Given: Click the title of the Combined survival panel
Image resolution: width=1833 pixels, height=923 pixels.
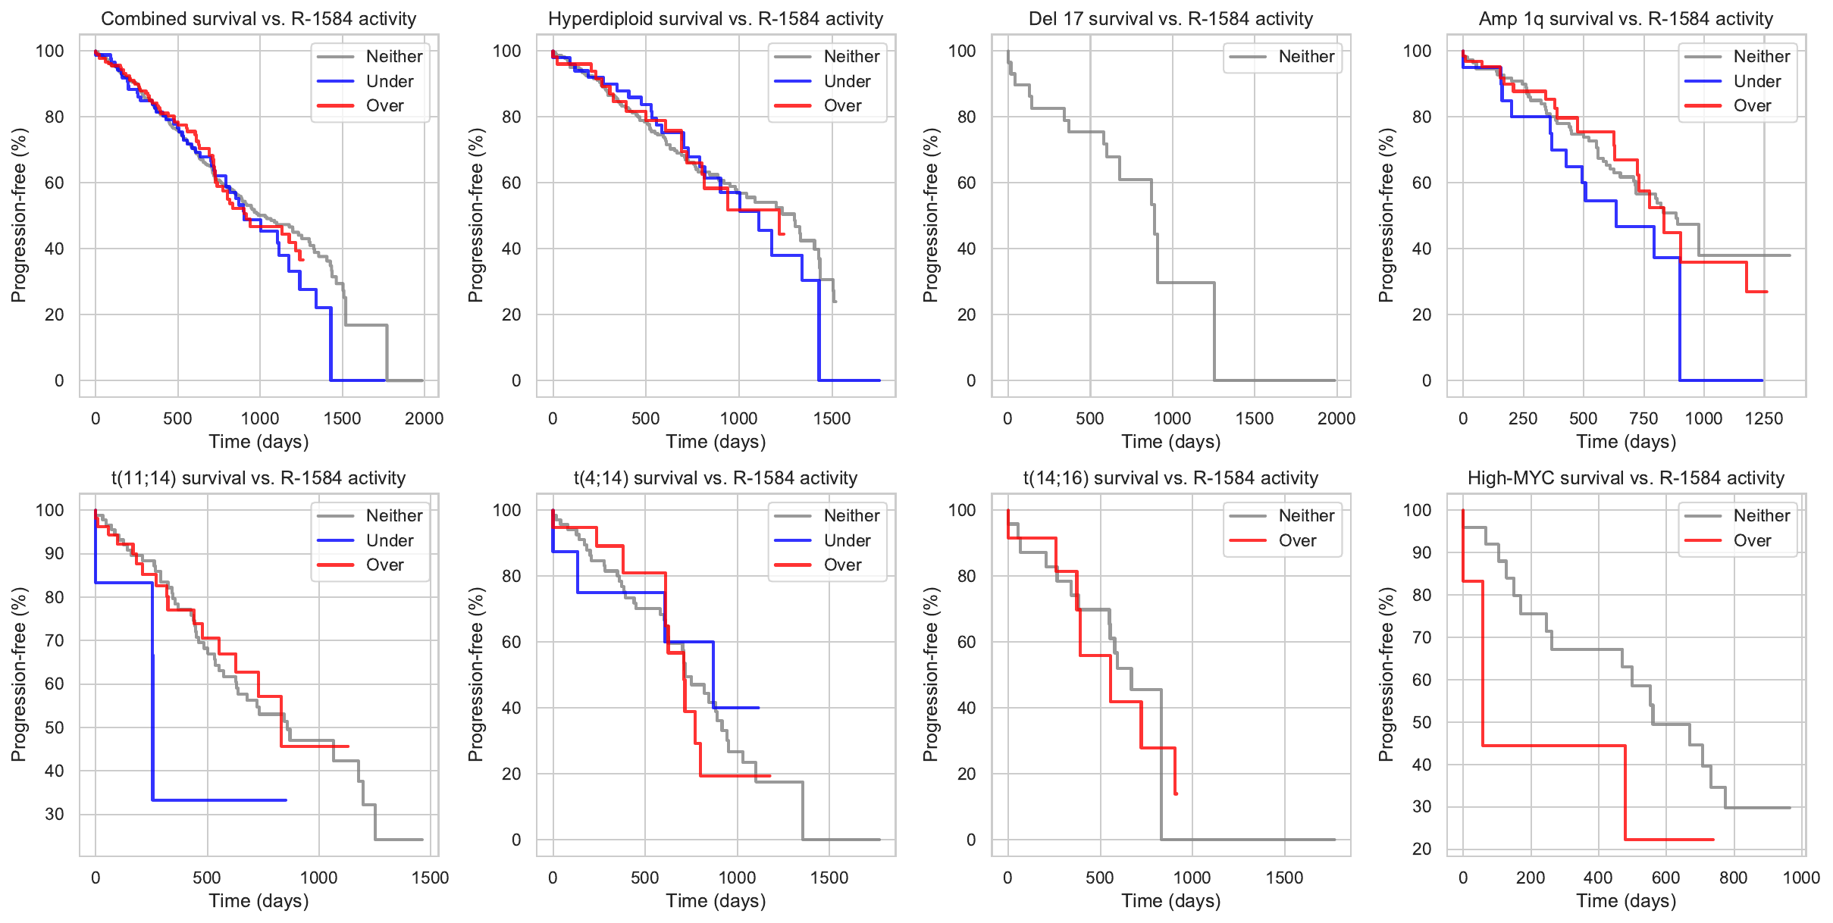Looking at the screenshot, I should (x=258, y=19).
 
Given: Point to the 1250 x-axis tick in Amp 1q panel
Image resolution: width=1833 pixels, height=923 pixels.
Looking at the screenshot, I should (x=1763, y=418).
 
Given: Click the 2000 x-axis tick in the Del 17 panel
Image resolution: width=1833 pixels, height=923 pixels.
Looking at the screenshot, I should (x=1336, y=418).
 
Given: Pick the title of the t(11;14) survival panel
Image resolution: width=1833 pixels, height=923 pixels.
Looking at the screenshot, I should (x=258, y=478).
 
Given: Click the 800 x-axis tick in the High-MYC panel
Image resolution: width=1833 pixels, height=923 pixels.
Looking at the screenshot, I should (x=1733, y=878).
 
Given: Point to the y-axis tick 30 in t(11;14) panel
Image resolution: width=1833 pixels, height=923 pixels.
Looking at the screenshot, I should (x=55, y=815).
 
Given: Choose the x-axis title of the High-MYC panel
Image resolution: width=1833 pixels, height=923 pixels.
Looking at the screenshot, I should (x=1626, y=901).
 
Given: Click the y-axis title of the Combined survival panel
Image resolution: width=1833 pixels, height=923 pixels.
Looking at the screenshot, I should (x=19, y=215).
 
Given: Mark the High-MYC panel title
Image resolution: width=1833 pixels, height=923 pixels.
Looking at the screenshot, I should (x=1626, y=478).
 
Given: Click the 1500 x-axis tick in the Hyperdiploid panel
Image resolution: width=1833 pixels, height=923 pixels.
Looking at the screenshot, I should (x=832, y=418).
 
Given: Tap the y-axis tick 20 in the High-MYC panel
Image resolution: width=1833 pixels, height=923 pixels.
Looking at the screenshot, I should (x=1421, y=849).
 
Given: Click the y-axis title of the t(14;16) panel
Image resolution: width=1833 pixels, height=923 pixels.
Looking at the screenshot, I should (x=930, y=674).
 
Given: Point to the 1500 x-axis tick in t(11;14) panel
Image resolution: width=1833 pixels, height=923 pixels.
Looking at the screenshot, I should (x=430, y=878).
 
